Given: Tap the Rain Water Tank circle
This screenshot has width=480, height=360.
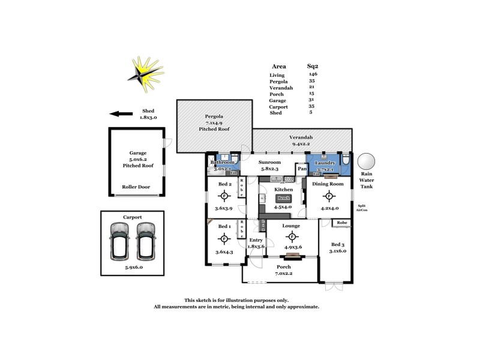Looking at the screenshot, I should tap(366, 161).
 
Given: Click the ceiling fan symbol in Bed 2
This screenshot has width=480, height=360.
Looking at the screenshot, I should tap(224, 196).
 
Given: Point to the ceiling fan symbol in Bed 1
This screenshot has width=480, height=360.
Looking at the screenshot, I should tap(224, 239).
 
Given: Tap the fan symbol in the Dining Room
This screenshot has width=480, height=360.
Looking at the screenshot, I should tap(329, 196).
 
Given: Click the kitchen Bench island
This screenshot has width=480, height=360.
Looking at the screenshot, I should tap(283, 198).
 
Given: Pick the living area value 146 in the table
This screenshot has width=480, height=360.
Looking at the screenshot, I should tap(312, 74).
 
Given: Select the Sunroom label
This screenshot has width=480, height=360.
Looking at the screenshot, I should tap(269, 163).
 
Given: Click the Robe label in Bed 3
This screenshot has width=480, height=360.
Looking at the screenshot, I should tap(341, 223).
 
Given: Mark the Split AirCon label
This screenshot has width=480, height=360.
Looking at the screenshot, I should tap(361, 208).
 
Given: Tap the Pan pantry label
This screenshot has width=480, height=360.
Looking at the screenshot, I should tap(302, 169).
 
